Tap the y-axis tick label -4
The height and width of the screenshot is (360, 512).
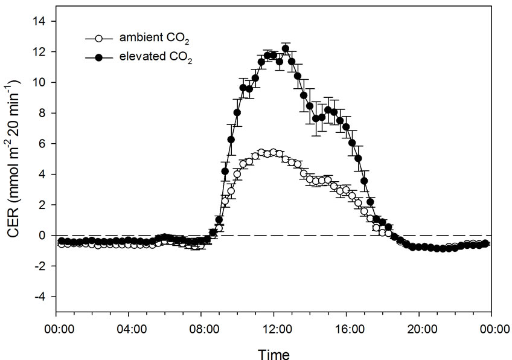click(40, 297)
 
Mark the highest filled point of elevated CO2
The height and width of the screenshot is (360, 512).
click(286, 49)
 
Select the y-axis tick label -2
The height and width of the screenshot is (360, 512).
click(40, 266)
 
